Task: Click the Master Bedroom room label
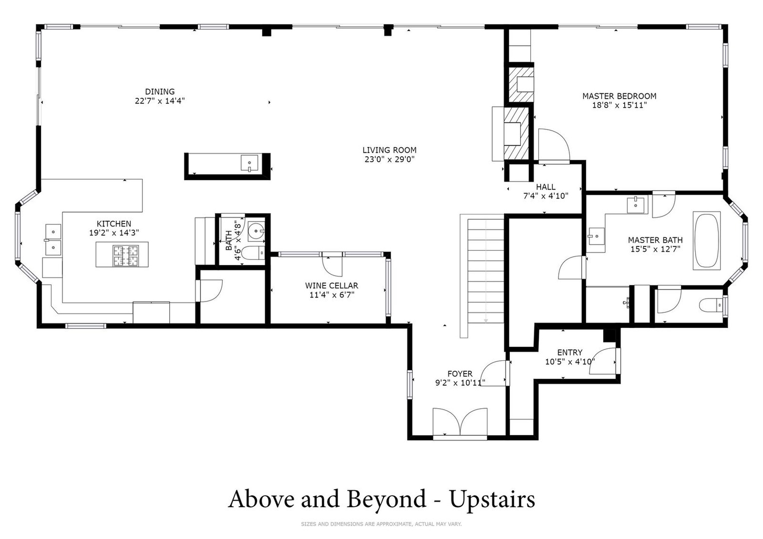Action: pyautogui.click(x=619, y=96)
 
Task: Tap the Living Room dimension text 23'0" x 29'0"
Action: pyautogui.click(x=389, y=159)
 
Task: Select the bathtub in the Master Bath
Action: pyautogui.click(x=707, y=241)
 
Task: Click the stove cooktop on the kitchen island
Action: pyautogui.click(x=126, y=256)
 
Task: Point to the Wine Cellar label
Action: pyautogui.click(x=332, y=285)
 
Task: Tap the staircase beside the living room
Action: pyautogui.click(x=485, y=271)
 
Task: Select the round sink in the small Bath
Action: pyautogui.click(x=256, y=231)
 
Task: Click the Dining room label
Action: pyautogui.click(x=160, y=92)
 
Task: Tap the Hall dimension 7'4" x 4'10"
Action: pyautogui.click(x=546, y=196)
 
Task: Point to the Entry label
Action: pyautogui.click(x=570, y=352)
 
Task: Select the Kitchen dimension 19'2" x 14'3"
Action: pyautogui.click(x=114, y=233)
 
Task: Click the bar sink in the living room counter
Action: pyautogui.click(x=249, y=163)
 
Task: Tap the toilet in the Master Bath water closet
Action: pyautogui.click(x=712, y=305)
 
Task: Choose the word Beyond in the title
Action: pyautogui.click(x=386, y=499)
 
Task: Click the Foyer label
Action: pyautogui.click(x=460, y=374)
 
